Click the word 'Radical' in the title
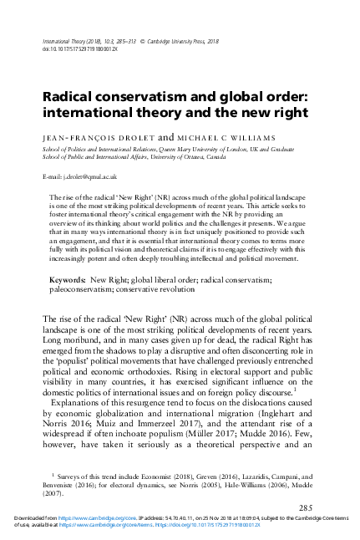tap(68, 97)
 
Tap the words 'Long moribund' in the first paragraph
tap(73, 332)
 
